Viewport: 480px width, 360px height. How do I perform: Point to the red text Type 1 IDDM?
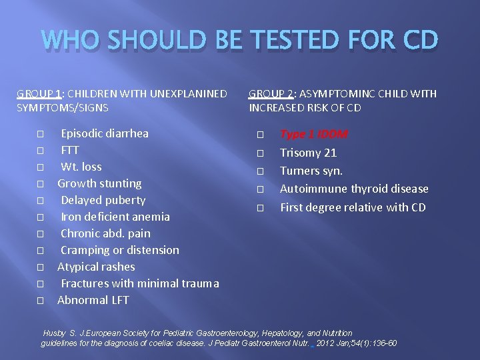(x=313, y=134)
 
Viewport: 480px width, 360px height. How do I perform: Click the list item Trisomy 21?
(x=308, y=153)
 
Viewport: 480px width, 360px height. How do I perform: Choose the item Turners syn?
(x=311, y=171)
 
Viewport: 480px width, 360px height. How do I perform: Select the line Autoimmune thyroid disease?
(x=354, y=189)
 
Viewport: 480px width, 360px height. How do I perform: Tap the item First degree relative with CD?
(x=353, y=207)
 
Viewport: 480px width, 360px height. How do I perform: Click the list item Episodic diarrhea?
(x=105, y=133)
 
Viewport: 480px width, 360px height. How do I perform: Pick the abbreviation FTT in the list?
(x=70, y=150)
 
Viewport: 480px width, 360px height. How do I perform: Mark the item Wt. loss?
(x=81, y=167)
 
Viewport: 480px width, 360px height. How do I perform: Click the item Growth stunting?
(x=99, y=183)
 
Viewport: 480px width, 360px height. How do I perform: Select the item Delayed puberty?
(x=103, y=200)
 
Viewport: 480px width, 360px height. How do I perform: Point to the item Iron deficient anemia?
(x=115, y=217)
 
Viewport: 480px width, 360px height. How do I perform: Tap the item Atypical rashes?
(x=96, y=267)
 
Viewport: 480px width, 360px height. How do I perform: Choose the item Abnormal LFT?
(x=93, y=300)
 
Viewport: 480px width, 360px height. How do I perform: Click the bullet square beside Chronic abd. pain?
(x=41, y=234)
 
